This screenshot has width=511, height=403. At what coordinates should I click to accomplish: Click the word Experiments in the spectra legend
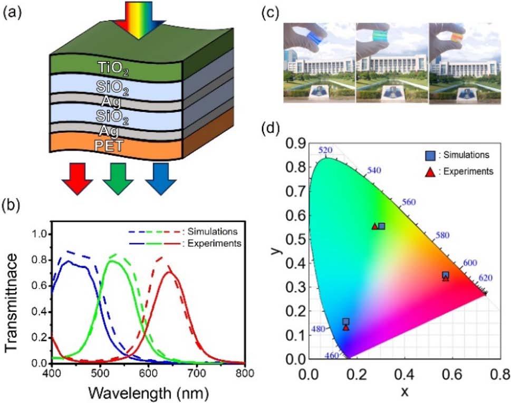[214, 244]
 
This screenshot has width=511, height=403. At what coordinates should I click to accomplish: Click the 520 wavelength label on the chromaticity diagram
[326, 151]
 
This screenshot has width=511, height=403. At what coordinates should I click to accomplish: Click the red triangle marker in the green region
[374, 226]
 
